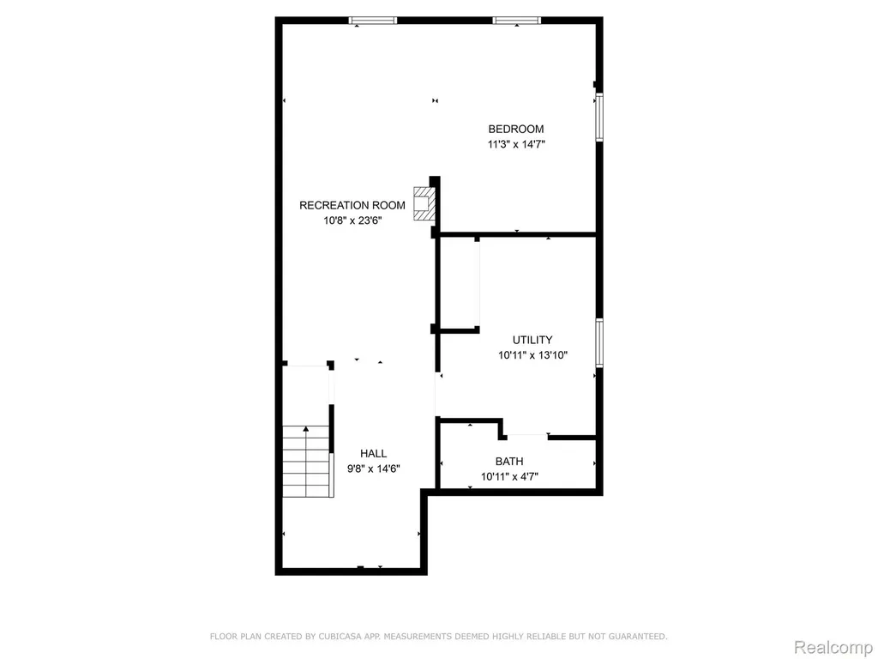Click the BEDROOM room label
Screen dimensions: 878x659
pyautogui.click(x=515, y=129)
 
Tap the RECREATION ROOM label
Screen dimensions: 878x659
pyautogui.click(x=352, y=205)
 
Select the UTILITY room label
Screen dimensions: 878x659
pyautogui.click(x=532, y=340)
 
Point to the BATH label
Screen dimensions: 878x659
pyautogui.click(x=509, y=461)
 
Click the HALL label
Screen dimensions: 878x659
pyautogui.click(x=373, y=453)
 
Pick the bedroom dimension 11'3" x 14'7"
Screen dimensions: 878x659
pyautogui.click(x=516, y=144)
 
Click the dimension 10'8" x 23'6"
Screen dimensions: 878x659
pyautogui.click(x=352, y=221)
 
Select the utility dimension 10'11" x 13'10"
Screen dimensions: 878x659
pyautogui.click(x=533, y=354)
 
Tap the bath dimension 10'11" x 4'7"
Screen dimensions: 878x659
pyautogui.click(x=509, y=477)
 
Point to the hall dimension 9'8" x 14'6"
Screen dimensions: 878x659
pyautogui.click(x=374, y=469)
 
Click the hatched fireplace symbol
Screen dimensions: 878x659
pyautogui.click(x=424, y=203)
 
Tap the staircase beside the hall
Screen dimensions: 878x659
pyautogui.click(x=306, y=461)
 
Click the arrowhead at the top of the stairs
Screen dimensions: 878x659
pyautogui.click(x=306, y=429)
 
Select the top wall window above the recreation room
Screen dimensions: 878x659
pyautogui.click(x=372, y=21)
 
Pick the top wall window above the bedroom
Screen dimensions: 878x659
pyautogui.click(x=516, y=21)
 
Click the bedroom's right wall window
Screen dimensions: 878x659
pyautogui.click(x=599, y=117)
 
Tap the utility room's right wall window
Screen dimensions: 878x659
pyautogui.click(x=599, y=343)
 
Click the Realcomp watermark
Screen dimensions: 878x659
pyautogui.click(x=833, y=647)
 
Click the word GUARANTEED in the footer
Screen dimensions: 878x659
pyautogui.click(x=637, y=637)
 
